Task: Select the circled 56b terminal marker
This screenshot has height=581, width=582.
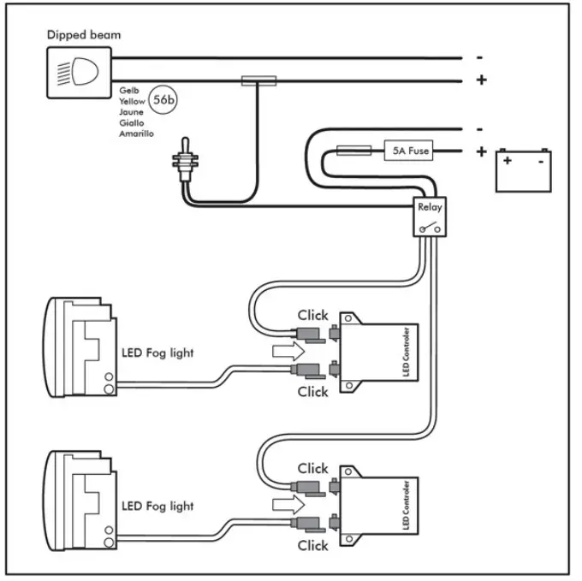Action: [x=162, y=100]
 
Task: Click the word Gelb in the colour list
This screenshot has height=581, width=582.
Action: [x=129, y=91]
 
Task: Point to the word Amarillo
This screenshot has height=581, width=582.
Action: [x=136, y=133]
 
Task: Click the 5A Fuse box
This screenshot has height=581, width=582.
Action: [x=408, y=151]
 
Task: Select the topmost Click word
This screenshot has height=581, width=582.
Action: [x=313, y=315]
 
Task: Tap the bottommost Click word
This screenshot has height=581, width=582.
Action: [x=313, y=545]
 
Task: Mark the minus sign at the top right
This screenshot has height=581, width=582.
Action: [x=480, y=57]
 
